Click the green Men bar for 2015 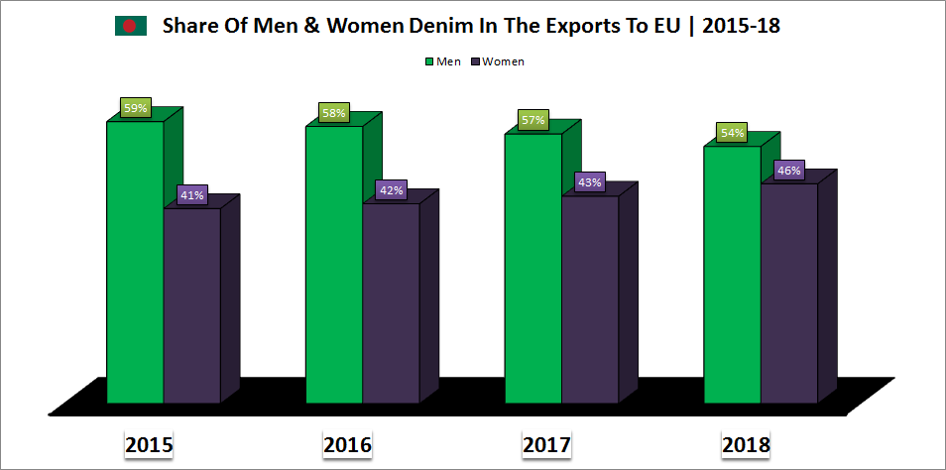point(135,263)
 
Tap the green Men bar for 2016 point(334,265)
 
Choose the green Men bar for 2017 point(533,269)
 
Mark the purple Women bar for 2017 point(590,299)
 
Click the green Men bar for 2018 point(732,275)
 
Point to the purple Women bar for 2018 point(789,294)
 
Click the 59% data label point(136,108)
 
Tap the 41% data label point(191,195)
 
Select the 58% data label point(334,113)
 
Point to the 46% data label point(788,171)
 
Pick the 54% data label point(733,133)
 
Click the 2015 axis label point(150,445)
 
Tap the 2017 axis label point(546,445)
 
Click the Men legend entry point(441,61)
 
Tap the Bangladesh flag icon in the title point(130,27)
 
